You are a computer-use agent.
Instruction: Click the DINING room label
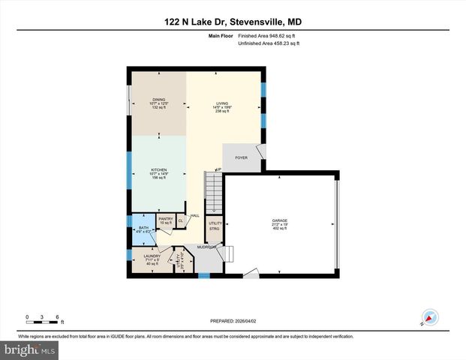click(158, 99)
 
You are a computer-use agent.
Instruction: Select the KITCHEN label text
click(158, 170)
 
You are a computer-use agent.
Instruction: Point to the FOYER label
click(241, 157)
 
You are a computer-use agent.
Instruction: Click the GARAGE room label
click(279, 221)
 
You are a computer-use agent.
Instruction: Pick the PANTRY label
click(165, 219)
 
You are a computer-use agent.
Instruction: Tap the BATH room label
click(143, 228)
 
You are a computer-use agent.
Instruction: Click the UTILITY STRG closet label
click(214, 226)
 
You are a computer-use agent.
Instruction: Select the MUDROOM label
click(206, 247)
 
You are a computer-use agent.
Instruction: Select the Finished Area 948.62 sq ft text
click(268, 35)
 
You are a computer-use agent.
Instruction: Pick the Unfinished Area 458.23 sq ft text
click(269, 44)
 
